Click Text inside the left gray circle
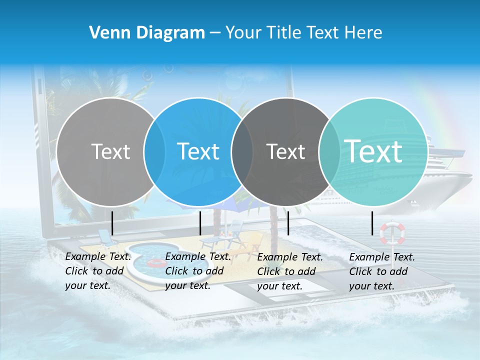click(x=110, y=151)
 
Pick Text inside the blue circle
click(x=198, y=151)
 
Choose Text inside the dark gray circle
click(x=286, y=151)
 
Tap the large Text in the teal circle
click(x=373, y=151)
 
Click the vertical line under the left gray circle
click(x=112, y=223)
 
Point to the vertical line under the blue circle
click(x=200, y=223)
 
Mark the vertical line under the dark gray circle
click(x=288, y=223)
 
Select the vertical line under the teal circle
click(x=372, y=223)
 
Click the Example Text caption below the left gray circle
click(x=97, y=271)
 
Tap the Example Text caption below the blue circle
click(x=197, y=271)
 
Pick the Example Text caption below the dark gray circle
click(x=289, y=271)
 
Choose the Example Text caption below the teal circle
click(x=381, y=271)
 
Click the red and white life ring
click(x=392, y=233)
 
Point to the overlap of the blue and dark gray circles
click(x=242, y=151)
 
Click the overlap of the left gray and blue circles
click(x=154, y=151)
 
